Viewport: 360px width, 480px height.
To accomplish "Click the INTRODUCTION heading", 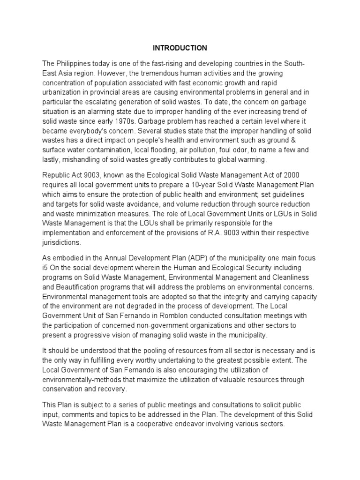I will point(180,48).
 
